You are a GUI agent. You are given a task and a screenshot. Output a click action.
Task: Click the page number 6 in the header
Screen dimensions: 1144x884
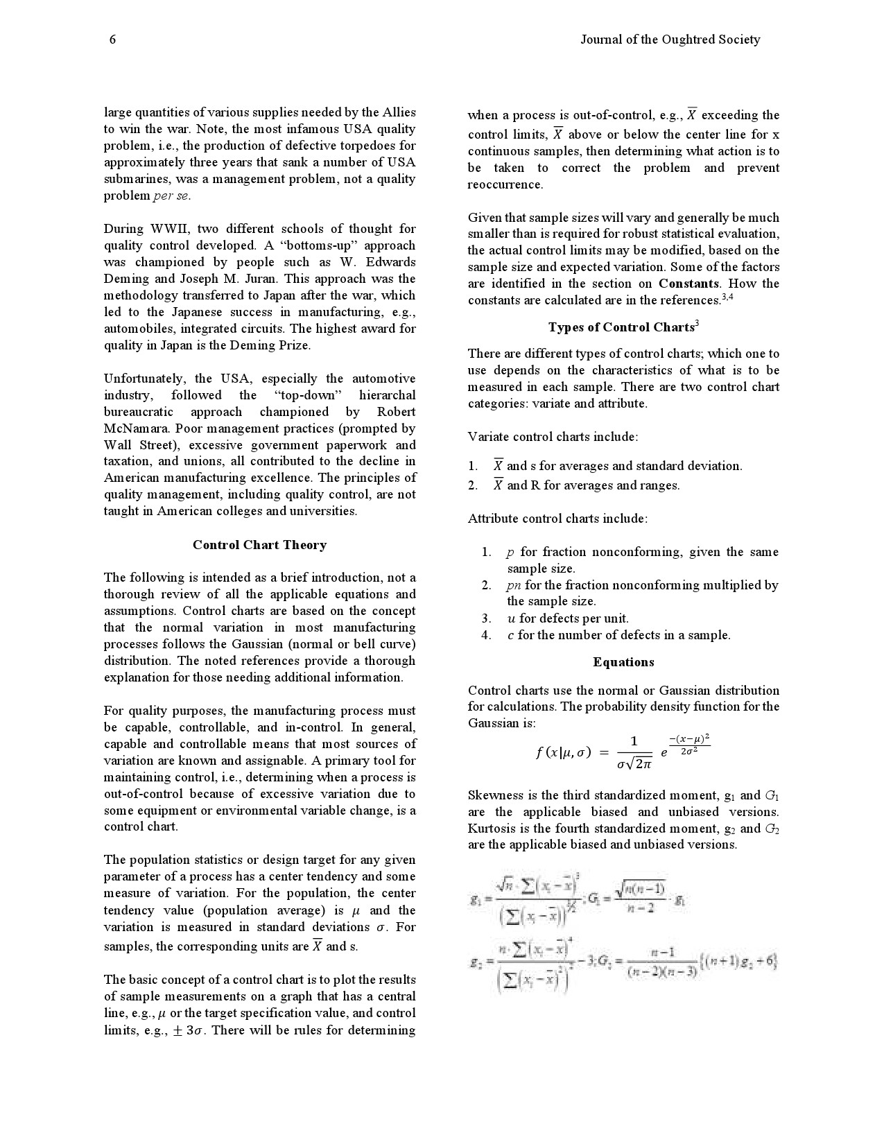pos(112,40)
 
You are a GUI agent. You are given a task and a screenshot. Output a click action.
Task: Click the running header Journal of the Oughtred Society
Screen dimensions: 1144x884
pos(670,40)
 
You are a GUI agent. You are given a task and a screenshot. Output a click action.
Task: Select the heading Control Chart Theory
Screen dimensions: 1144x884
pos(259,545)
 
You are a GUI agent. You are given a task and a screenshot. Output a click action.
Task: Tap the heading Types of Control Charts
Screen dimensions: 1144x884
pos(622,327)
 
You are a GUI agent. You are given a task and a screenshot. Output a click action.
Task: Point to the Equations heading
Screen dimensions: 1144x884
pos(623,662)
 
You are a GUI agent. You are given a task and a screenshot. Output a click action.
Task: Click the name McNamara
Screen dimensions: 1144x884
pos(135,428)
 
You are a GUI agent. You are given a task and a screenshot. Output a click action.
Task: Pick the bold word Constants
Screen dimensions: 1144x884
pos(688,284)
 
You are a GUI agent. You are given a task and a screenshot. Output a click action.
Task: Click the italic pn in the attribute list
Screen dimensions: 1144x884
pos(514,585)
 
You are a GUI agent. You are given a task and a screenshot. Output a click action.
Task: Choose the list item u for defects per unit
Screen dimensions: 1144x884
pos(567,618)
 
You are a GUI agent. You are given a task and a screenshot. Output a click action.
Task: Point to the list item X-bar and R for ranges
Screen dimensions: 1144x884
pos(586,485)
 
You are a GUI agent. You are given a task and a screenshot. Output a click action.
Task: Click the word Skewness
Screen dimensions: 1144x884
pos(496,795)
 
